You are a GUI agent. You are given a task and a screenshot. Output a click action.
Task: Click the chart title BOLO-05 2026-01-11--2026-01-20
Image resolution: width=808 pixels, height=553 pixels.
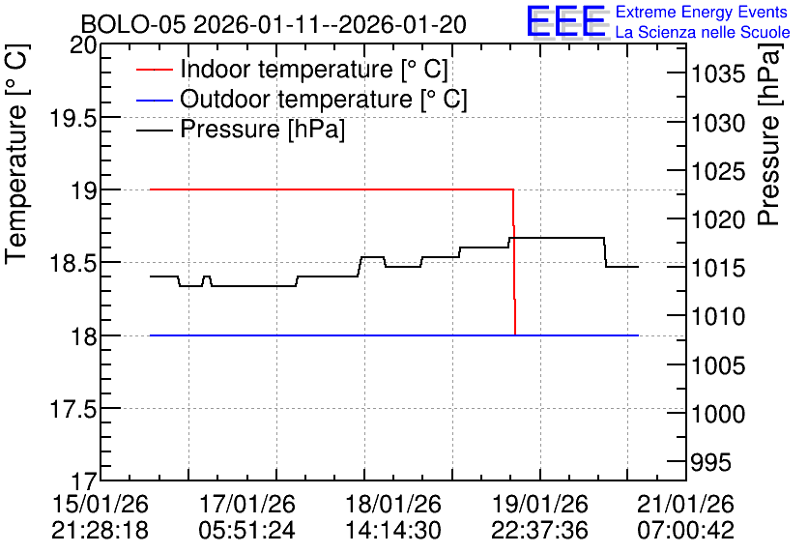click(274, 24)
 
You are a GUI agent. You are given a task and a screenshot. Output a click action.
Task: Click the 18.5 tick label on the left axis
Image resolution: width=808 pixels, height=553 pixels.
click(72, 264)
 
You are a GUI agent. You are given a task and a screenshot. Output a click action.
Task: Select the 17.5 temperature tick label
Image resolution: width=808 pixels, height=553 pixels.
click(72, 410)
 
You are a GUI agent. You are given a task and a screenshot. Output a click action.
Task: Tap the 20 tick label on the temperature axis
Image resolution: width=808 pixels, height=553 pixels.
click(83, 45)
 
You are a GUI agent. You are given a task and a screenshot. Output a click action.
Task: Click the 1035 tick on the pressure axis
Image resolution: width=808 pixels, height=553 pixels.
click(718, 74)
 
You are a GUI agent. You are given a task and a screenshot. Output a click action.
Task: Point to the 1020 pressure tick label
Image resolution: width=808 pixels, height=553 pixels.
click(718, 220)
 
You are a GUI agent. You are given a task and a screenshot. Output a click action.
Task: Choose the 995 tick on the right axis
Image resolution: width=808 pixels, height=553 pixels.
click(711, 462)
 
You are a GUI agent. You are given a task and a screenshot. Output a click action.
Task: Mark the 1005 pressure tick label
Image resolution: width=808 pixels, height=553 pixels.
click(718, 365)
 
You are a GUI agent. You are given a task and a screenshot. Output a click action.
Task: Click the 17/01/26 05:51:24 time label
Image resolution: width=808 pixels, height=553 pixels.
click(247, 517)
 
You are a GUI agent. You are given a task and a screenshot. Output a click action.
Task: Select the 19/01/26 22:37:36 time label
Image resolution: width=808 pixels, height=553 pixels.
click(539, 517)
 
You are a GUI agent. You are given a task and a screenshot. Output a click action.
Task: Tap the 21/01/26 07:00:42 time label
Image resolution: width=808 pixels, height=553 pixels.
click(686, 517)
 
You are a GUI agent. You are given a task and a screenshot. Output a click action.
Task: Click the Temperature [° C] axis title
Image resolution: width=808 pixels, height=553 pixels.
click(16, 155)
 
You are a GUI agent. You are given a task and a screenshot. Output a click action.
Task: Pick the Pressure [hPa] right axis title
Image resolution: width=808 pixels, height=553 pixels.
click(769, 134)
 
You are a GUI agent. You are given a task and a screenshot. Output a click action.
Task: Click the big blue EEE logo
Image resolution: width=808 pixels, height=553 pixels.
click(565, 21)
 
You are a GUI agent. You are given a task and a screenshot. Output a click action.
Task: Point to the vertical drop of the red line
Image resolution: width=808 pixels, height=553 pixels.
click(514, 262)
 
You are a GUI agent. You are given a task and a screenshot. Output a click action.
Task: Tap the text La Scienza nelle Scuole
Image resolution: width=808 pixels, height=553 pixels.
click(703, 33)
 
